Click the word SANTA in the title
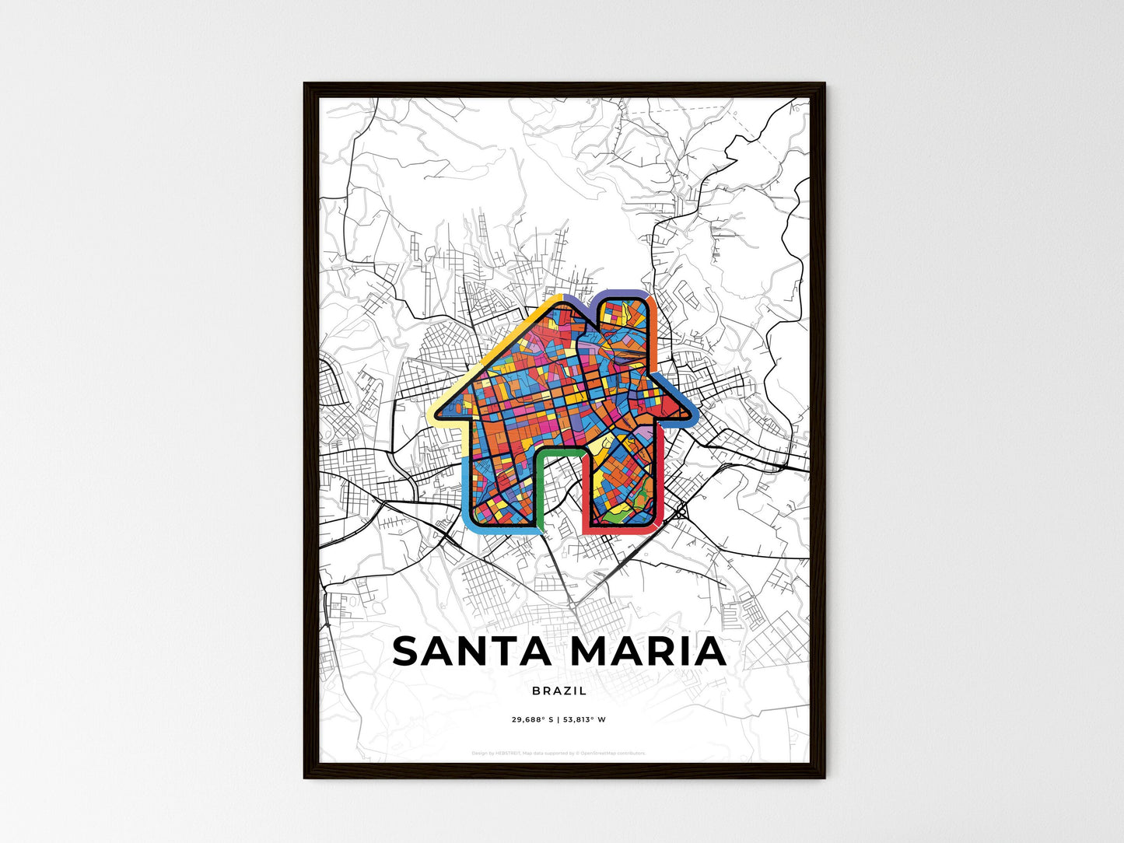pos(473,652)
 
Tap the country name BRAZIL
pos(560,691)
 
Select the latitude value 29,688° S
pos(533,719)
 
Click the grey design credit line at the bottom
pos(558,753)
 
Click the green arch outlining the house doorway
pos(559,450)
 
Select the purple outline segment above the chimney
pos(622,293)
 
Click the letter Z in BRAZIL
pos(570,691)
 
